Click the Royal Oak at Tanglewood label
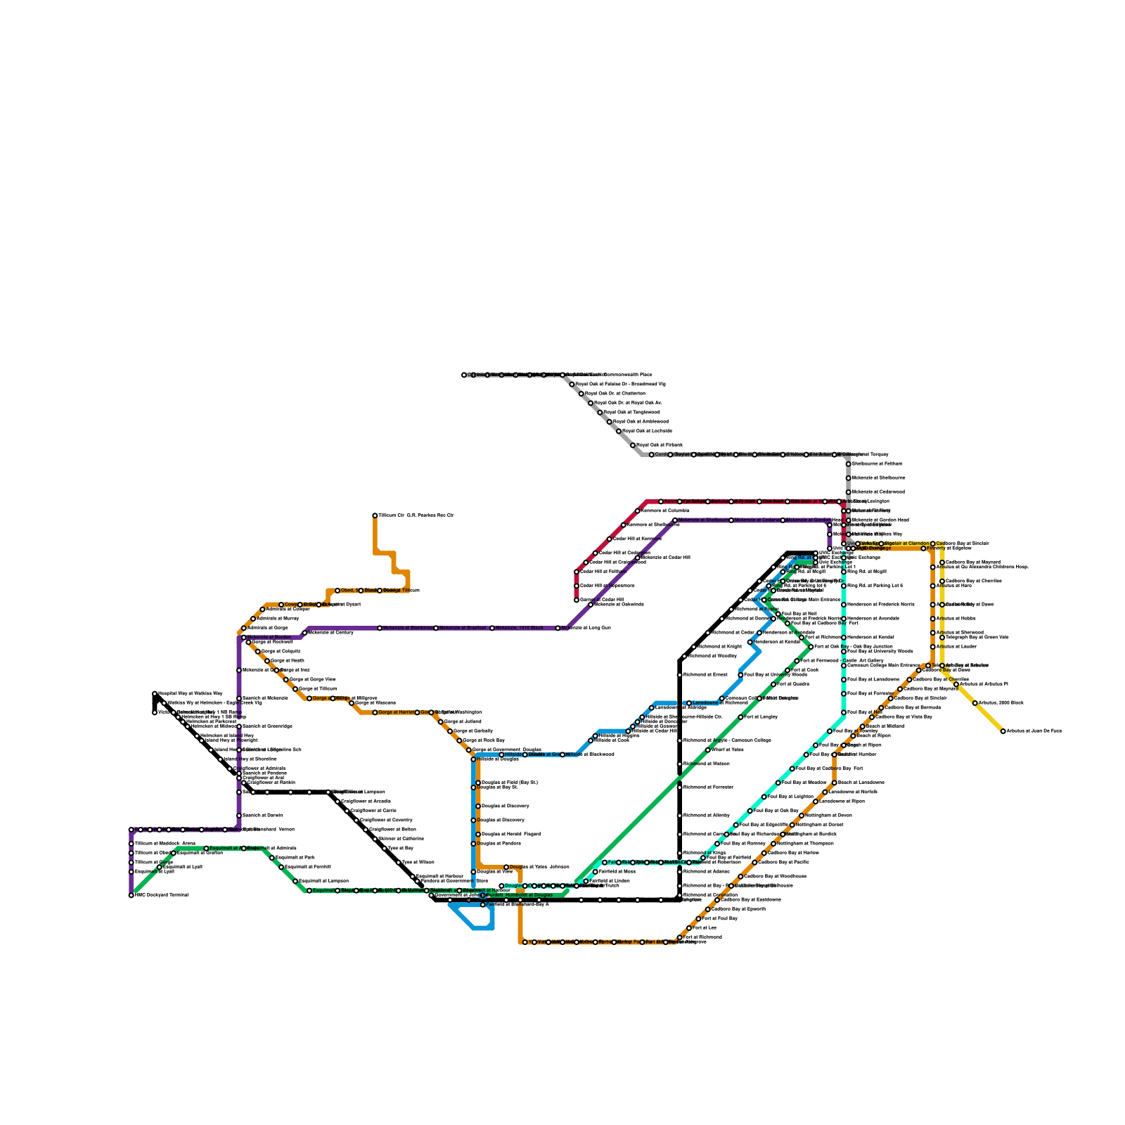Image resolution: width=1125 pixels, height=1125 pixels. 632,412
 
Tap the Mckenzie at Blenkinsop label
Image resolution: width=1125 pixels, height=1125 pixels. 408,628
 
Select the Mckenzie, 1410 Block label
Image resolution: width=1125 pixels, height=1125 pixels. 520,628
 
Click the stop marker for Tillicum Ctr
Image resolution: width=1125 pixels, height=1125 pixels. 375,515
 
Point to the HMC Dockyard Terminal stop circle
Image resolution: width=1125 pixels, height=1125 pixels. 131,895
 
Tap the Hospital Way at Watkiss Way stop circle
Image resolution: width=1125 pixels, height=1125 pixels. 155,694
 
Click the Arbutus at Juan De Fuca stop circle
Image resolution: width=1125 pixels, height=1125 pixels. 1003,731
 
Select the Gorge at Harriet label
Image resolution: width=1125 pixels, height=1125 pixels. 397,712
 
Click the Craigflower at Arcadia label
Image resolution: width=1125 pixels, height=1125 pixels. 366,801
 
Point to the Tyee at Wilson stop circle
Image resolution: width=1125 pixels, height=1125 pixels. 399,863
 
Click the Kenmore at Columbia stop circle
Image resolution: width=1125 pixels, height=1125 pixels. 638,511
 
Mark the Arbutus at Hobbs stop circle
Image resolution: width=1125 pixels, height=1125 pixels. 933,619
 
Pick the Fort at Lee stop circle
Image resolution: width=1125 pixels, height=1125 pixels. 689,928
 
